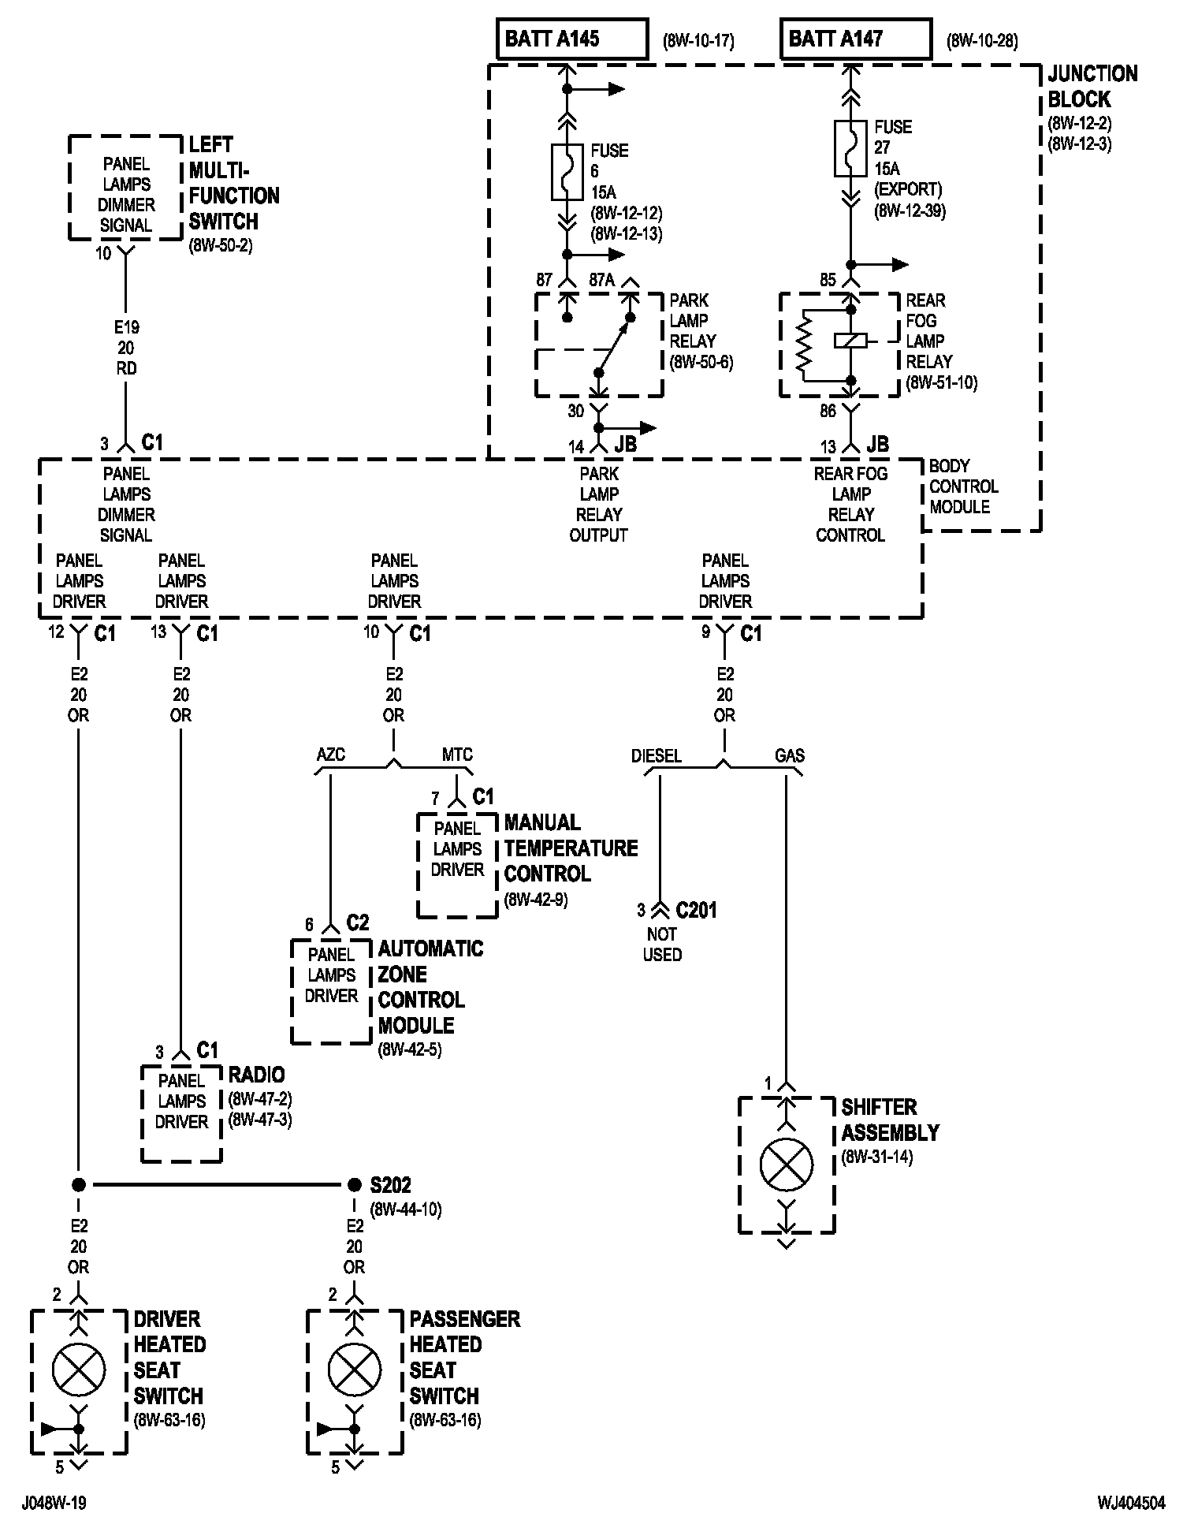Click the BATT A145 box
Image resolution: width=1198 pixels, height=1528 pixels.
tap(572, 39)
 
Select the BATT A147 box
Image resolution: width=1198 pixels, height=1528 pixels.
tap(856, 39)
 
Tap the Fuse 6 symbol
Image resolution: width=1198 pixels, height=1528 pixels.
tap(567, 172)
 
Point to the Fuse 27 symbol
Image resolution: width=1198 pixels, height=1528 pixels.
tap(850, 148)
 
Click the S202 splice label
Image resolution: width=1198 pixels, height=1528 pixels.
tap(391, 1185)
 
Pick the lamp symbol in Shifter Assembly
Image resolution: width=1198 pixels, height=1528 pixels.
tap(787, 1165)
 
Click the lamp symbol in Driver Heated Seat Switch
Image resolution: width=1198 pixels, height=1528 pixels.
tap(78, 1370)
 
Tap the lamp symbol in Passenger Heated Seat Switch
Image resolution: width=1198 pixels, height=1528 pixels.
tap(354, 1370)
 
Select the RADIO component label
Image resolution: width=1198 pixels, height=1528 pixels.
tap(257, 1075)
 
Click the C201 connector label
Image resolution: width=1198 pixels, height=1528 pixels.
tap(697, 911)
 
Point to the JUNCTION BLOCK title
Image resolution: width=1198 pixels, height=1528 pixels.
tap(1092, 87)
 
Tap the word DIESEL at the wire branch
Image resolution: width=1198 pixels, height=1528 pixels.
tap(656, 756)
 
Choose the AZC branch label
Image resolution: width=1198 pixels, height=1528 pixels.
tap(331, 755)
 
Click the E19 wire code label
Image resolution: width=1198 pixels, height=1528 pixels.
tap(126, 327)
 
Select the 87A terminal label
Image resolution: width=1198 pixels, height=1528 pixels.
tap(603, 280)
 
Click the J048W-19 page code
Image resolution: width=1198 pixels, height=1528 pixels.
tap(54, 1503)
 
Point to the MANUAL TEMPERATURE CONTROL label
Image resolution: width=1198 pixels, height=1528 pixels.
tap(571, 848)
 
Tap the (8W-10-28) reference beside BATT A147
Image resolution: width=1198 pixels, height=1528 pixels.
tap(982, 41)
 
